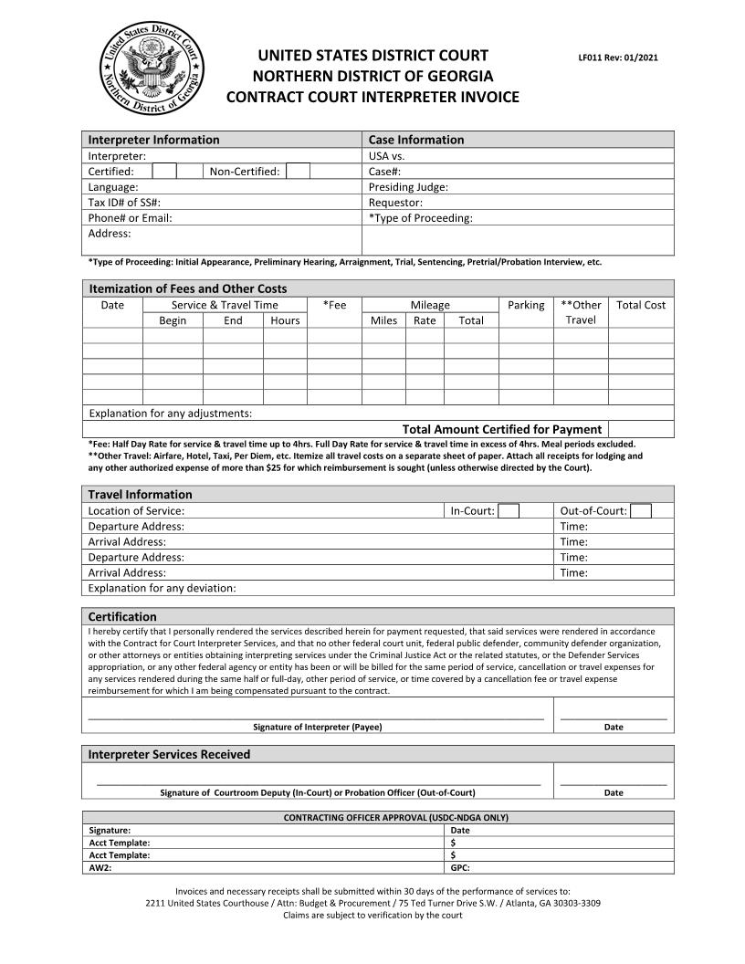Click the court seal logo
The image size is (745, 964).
(152, 68)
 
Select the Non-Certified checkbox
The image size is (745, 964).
(298, 172)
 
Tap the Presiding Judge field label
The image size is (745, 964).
(408, 187)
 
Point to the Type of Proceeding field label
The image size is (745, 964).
(420, 218)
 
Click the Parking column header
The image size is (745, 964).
(526, 305)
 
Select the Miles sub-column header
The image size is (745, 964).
(383, 320)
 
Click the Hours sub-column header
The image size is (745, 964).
(285, 320)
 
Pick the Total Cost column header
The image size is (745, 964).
(641, 305)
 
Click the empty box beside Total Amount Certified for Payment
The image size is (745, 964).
(641, 429)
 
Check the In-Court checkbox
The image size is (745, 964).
(509, 511)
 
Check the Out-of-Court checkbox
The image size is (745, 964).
(641, 511)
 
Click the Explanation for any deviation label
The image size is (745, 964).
(162, 588)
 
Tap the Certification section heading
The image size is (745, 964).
(122, 617)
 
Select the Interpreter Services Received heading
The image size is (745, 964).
(169, 755)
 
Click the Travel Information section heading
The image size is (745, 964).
(140, 495)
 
